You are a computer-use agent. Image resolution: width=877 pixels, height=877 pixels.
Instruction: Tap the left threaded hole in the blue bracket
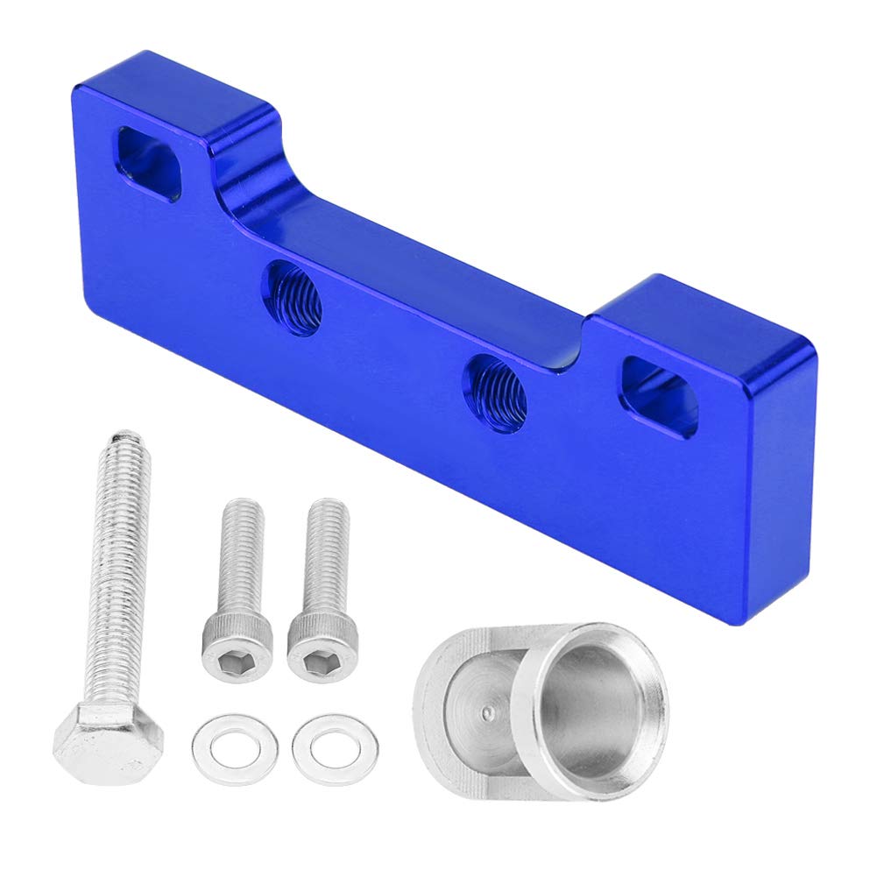[x=294, y=300]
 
